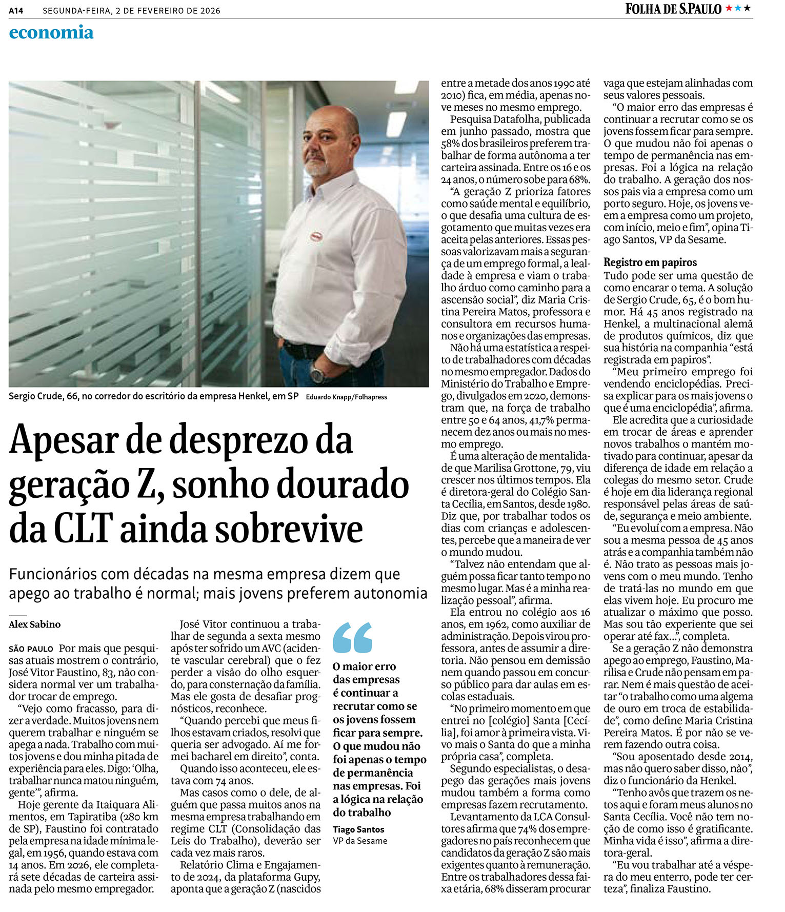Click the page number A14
coord(16,10)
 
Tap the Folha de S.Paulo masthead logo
coord(673,9)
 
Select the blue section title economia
coord(51,32)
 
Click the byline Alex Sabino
coord(35,624)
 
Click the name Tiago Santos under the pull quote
coord(358,829)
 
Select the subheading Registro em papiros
coord(650,262)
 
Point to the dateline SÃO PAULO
coord(31,649)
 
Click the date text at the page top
coord(131,11)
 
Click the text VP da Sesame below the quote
coord(360,841)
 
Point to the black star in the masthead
coord(747,8)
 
